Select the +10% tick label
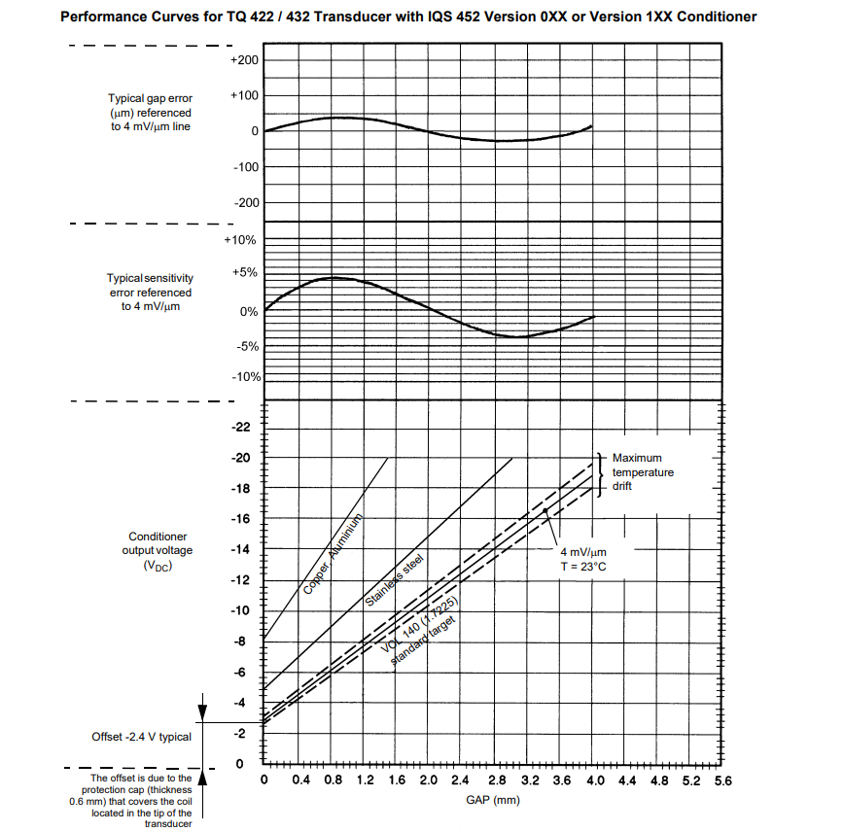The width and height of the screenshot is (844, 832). pos(240,239)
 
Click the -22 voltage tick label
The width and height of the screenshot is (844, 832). pos(242,427)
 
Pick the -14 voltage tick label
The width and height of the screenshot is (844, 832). pos(242,550)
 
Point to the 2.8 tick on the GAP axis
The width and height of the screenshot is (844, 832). pos(497,780)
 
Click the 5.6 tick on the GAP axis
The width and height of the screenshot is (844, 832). pos(721,780)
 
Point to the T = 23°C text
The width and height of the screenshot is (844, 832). pos(584,566)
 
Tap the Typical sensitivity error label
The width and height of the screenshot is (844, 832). pos(151,293)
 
